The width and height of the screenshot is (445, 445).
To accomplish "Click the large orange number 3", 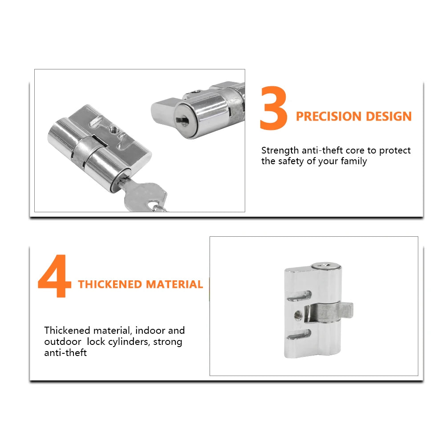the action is point(274,108).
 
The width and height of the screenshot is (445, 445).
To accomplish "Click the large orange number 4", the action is point(54,275).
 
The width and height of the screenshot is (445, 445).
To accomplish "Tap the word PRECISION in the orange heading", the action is point(329,116).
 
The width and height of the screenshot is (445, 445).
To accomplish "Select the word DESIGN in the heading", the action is point(389,116).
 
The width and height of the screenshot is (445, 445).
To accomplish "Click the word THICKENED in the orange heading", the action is point(110,284).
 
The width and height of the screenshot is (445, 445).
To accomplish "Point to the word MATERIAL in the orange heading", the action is point(174,284).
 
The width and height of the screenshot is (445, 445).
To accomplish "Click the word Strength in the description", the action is point(280,150).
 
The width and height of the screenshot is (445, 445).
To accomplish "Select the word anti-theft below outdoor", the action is point(65,352).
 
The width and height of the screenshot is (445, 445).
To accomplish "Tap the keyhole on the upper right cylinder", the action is point(182,120).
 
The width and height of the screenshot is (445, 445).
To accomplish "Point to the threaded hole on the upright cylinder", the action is point(298,315).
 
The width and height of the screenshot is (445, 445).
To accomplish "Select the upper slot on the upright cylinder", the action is point(299,295).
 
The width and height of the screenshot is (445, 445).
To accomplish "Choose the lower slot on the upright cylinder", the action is point(299,334).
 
